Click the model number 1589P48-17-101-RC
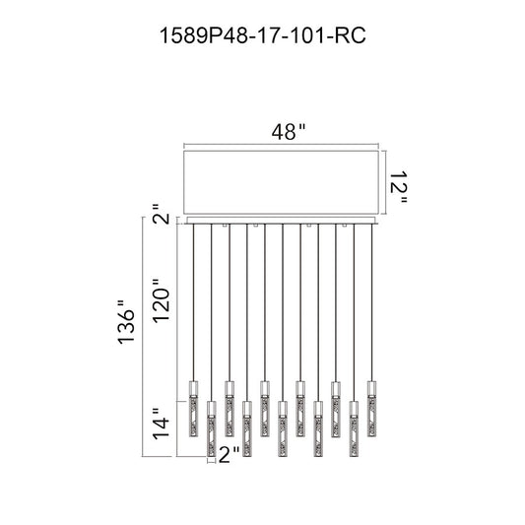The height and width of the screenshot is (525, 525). pyautogui.click(x=263, y=35)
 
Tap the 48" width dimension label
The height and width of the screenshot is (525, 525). pyautogui.click(x=289, y=132)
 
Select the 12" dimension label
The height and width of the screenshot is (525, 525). pyautogui.click(x=399, y=187)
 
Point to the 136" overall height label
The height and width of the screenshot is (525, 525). pyautogui.click(x=126, y=321)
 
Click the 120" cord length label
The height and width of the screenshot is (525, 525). pyautogui.click(x=163, y=300)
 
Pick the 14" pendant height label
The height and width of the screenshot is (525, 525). pyautogui.click(x=162, y=423)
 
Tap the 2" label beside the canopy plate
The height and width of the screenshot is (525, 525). pyautogui.click(x=163, y=214)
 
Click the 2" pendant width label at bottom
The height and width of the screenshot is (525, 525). pyautogui.click(x=230, y=455)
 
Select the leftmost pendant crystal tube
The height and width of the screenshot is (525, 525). pyautogui.click(x=193, y=409)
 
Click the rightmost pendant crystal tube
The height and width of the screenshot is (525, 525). pyautogui.click(x=371, y=409)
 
